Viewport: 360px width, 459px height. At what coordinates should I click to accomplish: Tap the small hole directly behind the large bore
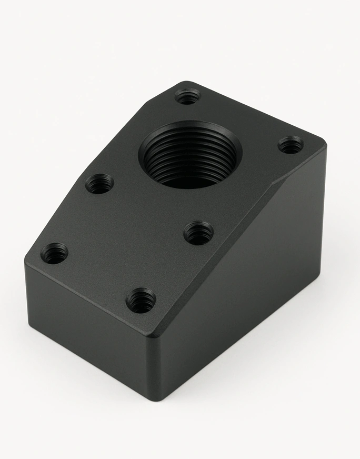coord(187,96)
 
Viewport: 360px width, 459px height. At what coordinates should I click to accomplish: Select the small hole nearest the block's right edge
coord(291,144)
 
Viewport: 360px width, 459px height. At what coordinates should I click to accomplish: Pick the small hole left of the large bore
coord(99,184)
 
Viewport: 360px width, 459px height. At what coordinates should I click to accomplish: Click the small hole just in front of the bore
coord(198,233)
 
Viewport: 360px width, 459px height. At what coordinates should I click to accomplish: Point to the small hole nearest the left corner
coord(54,253)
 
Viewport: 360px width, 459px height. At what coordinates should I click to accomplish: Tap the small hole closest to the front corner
coord(141,301)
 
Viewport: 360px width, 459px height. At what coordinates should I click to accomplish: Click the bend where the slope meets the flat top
coord(274,184)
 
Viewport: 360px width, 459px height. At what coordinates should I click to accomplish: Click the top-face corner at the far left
coord(26,262)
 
